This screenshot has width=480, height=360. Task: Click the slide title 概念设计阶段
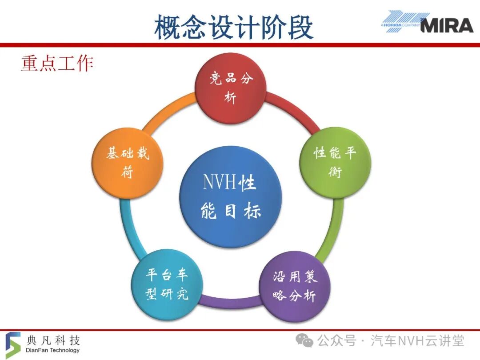point(234,28)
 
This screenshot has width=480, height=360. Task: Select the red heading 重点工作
point(57,64)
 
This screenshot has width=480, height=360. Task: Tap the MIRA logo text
point(447,25)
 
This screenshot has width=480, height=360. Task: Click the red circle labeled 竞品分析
point(231,89)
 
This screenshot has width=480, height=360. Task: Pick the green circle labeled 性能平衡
point(335,162)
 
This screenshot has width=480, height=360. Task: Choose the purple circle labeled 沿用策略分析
point(295,287)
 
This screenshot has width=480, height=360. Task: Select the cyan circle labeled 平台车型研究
point(167,285)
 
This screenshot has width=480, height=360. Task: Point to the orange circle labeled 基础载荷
point(128,163)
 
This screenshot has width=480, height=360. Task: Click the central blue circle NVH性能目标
point(231,197)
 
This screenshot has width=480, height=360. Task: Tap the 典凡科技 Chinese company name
point(53,340)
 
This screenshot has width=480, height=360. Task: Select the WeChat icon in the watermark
point(304,340)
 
